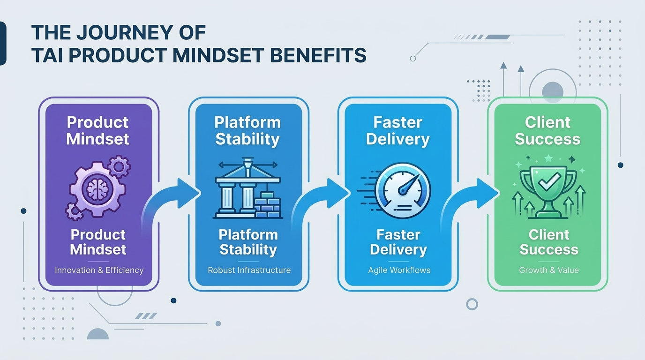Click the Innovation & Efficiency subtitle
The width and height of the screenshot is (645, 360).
(x=99, y=270)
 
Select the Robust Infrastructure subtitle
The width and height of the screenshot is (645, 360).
(x=249, y=270)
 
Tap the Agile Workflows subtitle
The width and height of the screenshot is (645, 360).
(x=398, y=270)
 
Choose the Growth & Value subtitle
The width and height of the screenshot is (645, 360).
(x=548, y=270)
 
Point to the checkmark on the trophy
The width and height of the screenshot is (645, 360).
(x=547, y=180)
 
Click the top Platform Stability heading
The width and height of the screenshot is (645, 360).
(x=247, y=131)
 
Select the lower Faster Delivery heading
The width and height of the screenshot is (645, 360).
(x=398, y=242)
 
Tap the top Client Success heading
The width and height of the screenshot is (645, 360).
(x=547, y=131)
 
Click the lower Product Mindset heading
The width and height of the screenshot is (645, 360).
(x=98, y=242)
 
